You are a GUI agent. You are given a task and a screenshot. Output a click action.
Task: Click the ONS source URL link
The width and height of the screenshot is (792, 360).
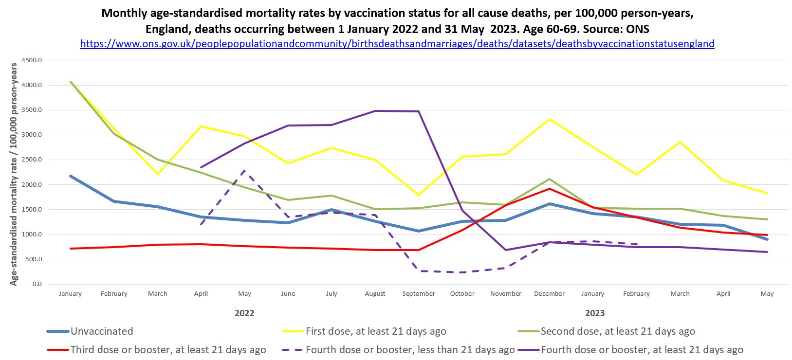[x=397, y=44]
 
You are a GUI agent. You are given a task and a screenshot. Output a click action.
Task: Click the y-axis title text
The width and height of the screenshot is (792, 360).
[x=14, y=174]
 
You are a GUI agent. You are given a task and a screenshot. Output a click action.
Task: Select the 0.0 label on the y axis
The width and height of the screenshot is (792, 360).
[x=37, y=284]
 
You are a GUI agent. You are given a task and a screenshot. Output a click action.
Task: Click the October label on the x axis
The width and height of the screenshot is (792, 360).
[x=462, y=294]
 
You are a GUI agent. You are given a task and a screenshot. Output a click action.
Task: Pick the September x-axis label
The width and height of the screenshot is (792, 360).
[x=419, y=294]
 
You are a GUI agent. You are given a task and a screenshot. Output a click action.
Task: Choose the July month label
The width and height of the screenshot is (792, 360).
[x=332, y=294]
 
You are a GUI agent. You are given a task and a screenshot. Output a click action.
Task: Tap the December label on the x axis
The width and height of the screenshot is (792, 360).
[x=549, y=294]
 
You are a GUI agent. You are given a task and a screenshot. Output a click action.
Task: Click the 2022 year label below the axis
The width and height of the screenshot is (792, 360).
[x=244, y=313]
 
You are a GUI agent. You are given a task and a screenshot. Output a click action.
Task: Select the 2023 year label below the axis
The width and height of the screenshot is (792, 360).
[x=595, y=313]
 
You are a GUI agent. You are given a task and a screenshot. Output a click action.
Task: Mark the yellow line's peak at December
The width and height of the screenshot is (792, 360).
[x=549, y=119]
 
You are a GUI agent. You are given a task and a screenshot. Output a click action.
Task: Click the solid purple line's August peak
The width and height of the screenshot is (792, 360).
[x=375, y=111]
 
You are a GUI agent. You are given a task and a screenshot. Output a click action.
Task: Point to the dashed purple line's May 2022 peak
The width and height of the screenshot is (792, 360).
[x=244, y=171]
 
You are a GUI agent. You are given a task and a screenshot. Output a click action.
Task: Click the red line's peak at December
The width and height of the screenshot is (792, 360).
[x=549, y=189]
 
